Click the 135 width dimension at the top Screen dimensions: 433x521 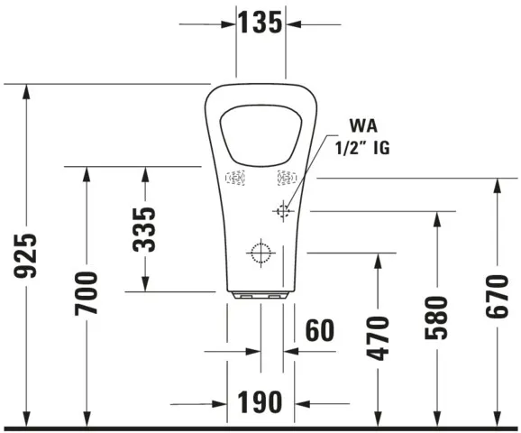[x=260, y=23]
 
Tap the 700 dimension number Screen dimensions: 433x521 [x=87, y=294]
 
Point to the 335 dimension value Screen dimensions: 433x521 [x=144, y=229]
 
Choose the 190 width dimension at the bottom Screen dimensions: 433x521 [x=260, y=402]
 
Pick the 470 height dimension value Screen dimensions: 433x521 [x=379, y=338]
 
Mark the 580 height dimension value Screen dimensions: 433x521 [x=436, y=318]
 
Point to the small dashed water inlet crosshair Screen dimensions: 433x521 [x=284, y=211]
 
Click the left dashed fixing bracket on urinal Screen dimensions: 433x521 [x=235, y=180]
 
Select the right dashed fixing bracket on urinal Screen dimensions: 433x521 [x=287, y=179]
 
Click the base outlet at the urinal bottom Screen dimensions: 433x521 [x=260, y=294]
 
